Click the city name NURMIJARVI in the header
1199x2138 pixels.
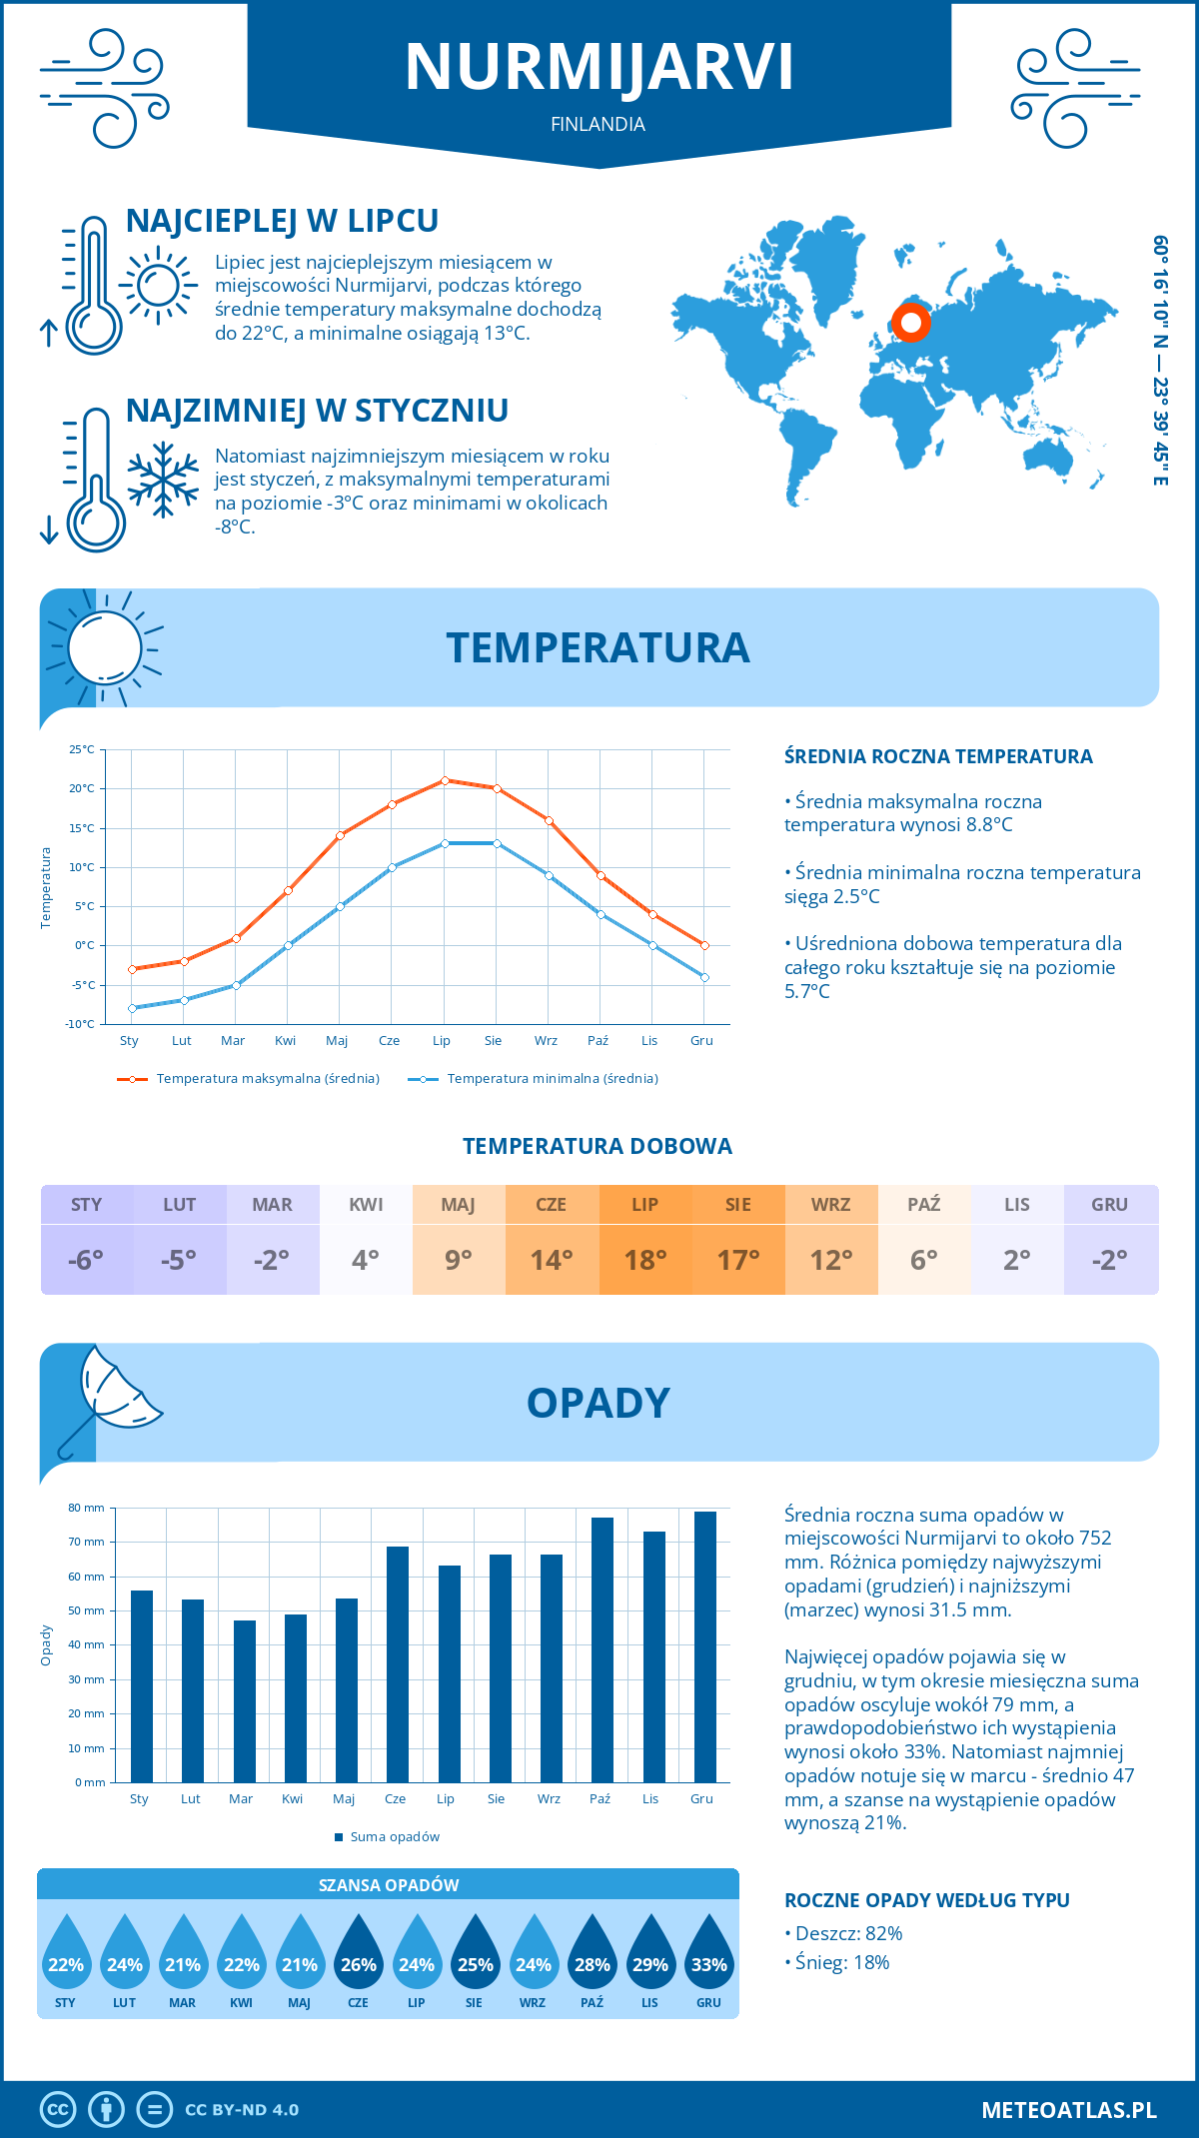pyautogui.click(x=599, y=67)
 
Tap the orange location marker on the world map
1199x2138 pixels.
pyautogui.click(x=910, y=323)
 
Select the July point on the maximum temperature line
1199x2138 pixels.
pyautogui.click(x=445, y=780)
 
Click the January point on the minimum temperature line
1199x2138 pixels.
pyautogui.click(x=132, y=1008)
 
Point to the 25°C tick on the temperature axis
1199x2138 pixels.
pyautogui.click(x=82, y=749)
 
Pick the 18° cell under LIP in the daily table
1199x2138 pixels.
pyautogui.click(x=645, y=1260)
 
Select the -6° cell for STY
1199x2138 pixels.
pyautogui.click(x=87, y=1260)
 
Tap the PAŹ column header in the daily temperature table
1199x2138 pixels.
pyautogui.click(x=924, y=1205)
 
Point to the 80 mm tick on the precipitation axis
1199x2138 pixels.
pyautogui.click(x=87, y=1508)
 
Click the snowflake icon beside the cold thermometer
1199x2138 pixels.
pyautogui.click(x=163, y=480)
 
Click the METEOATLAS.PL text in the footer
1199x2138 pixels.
pyautogui.click(x=1068, y=2110)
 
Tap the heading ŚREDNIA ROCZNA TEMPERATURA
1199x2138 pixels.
pyautogui.click(x=938, y=756)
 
